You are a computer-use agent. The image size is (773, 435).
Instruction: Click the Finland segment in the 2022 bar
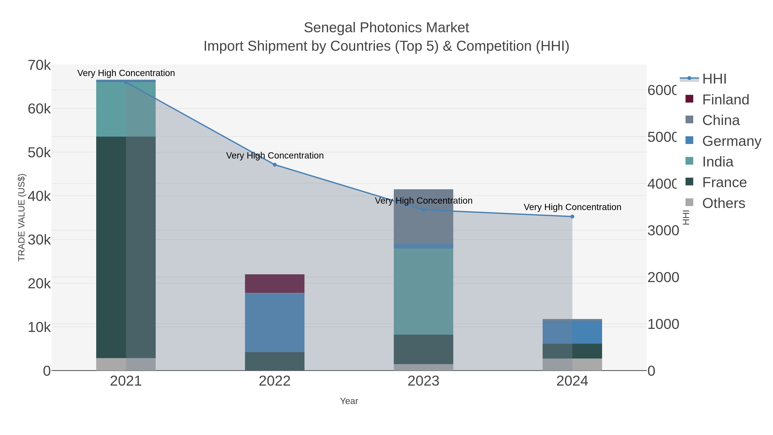point(275,283)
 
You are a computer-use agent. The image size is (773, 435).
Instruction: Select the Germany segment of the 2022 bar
point(275,322)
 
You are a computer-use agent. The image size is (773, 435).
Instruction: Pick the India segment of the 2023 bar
point(423,291)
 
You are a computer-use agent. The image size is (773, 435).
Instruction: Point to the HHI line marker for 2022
point(275,165)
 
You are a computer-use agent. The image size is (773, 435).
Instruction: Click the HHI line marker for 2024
point(572,217)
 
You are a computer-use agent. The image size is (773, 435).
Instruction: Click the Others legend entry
point(723,203)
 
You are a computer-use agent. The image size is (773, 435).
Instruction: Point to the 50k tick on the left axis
point(39,153)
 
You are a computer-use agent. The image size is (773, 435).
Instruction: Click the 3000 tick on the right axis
point(663,230)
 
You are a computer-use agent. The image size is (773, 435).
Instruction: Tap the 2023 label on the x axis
point(423,381)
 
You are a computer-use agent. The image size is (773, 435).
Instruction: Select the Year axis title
point(349,401)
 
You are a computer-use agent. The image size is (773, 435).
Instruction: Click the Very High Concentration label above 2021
point(126,73)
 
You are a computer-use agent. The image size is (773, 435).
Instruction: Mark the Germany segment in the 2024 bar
point(572,332)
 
